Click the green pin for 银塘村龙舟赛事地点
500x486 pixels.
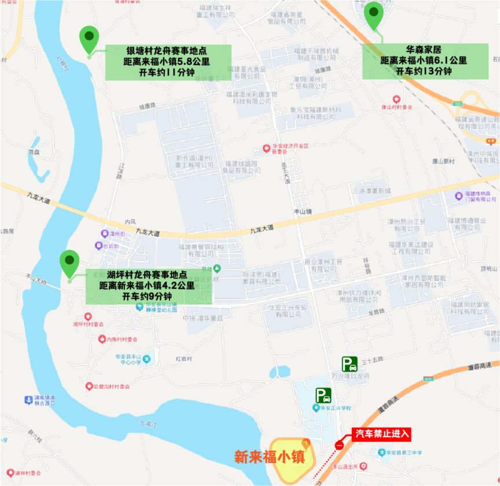pyautogui.click(x=89, y=38)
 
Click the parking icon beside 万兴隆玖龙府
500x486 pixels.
pyautogui.click(x=349, y=364)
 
